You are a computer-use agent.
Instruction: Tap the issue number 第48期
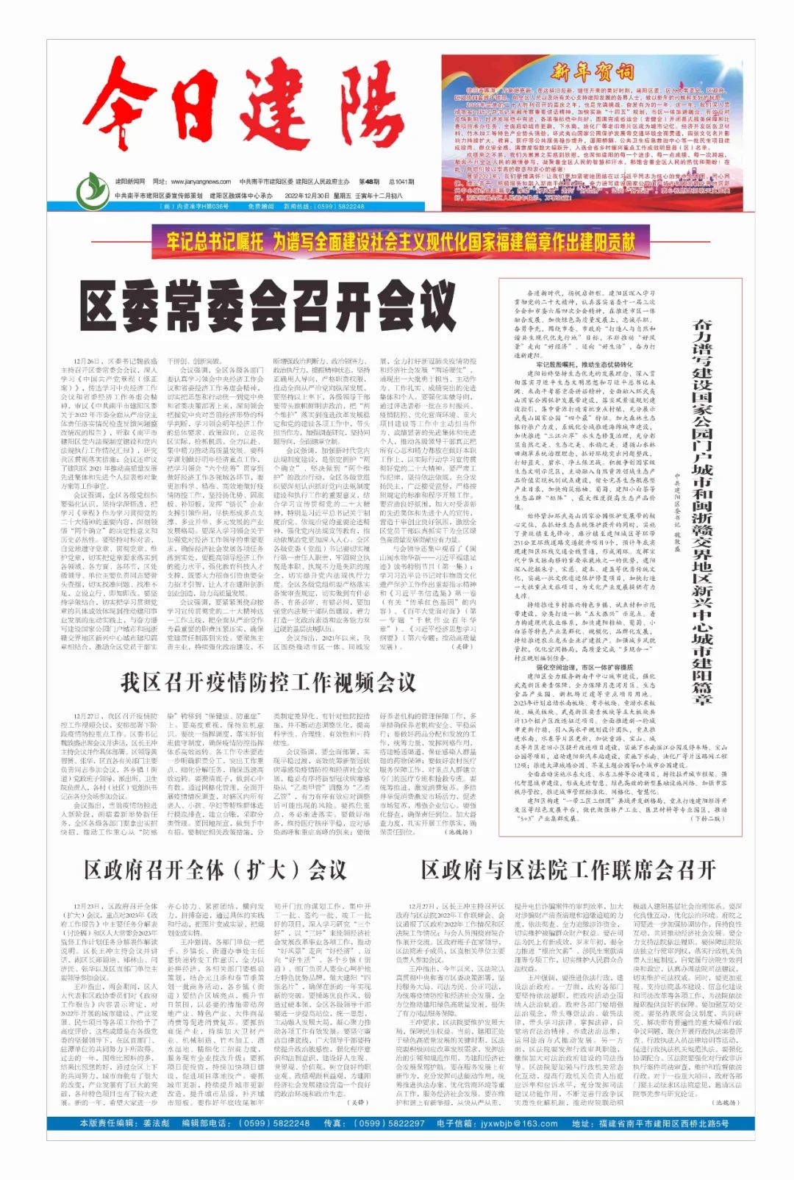coord(370,182)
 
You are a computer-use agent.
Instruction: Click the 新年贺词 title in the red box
coord(592,72)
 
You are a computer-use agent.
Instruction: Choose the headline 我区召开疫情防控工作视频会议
coord(268,682)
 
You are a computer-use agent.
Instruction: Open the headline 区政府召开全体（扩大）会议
coord(215,870)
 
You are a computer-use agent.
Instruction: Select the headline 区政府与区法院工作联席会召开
coord(568,870)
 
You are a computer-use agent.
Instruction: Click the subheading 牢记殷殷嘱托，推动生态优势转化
coord(584,365)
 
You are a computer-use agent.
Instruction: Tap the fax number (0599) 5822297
coord(389,1123)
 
